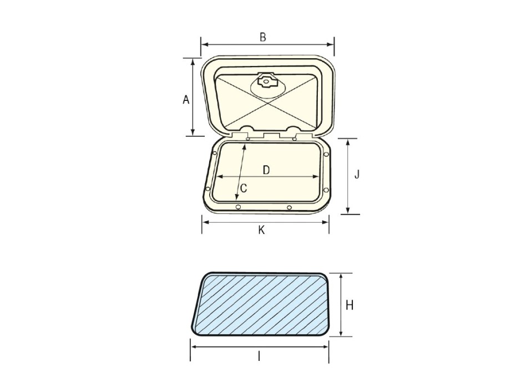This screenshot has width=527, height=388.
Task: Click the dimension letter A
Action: coord(186,100)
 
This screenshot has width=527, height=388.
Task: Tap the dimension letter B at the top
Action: coord(263,37)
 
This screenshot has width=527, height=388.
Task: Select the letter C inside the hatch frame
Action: coord(243,188)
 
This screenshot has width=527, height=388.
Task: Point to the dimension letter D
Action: coord(266,170)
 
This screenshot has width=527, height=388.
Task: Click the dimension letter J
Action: coord(357,175)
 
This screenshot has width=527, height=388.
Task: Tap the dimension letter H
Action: coord(349,304)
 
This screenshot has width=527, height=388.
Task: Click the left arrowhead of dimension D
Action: coord(216,177)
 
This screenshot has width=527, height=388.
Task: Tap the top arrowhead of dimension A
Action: coord(192,60)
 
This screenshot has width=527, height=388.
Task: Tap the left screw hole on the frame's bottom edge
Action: coord(237,207)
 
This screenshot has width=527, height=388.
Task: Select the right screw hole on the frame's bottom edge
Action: coord(289,208)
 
